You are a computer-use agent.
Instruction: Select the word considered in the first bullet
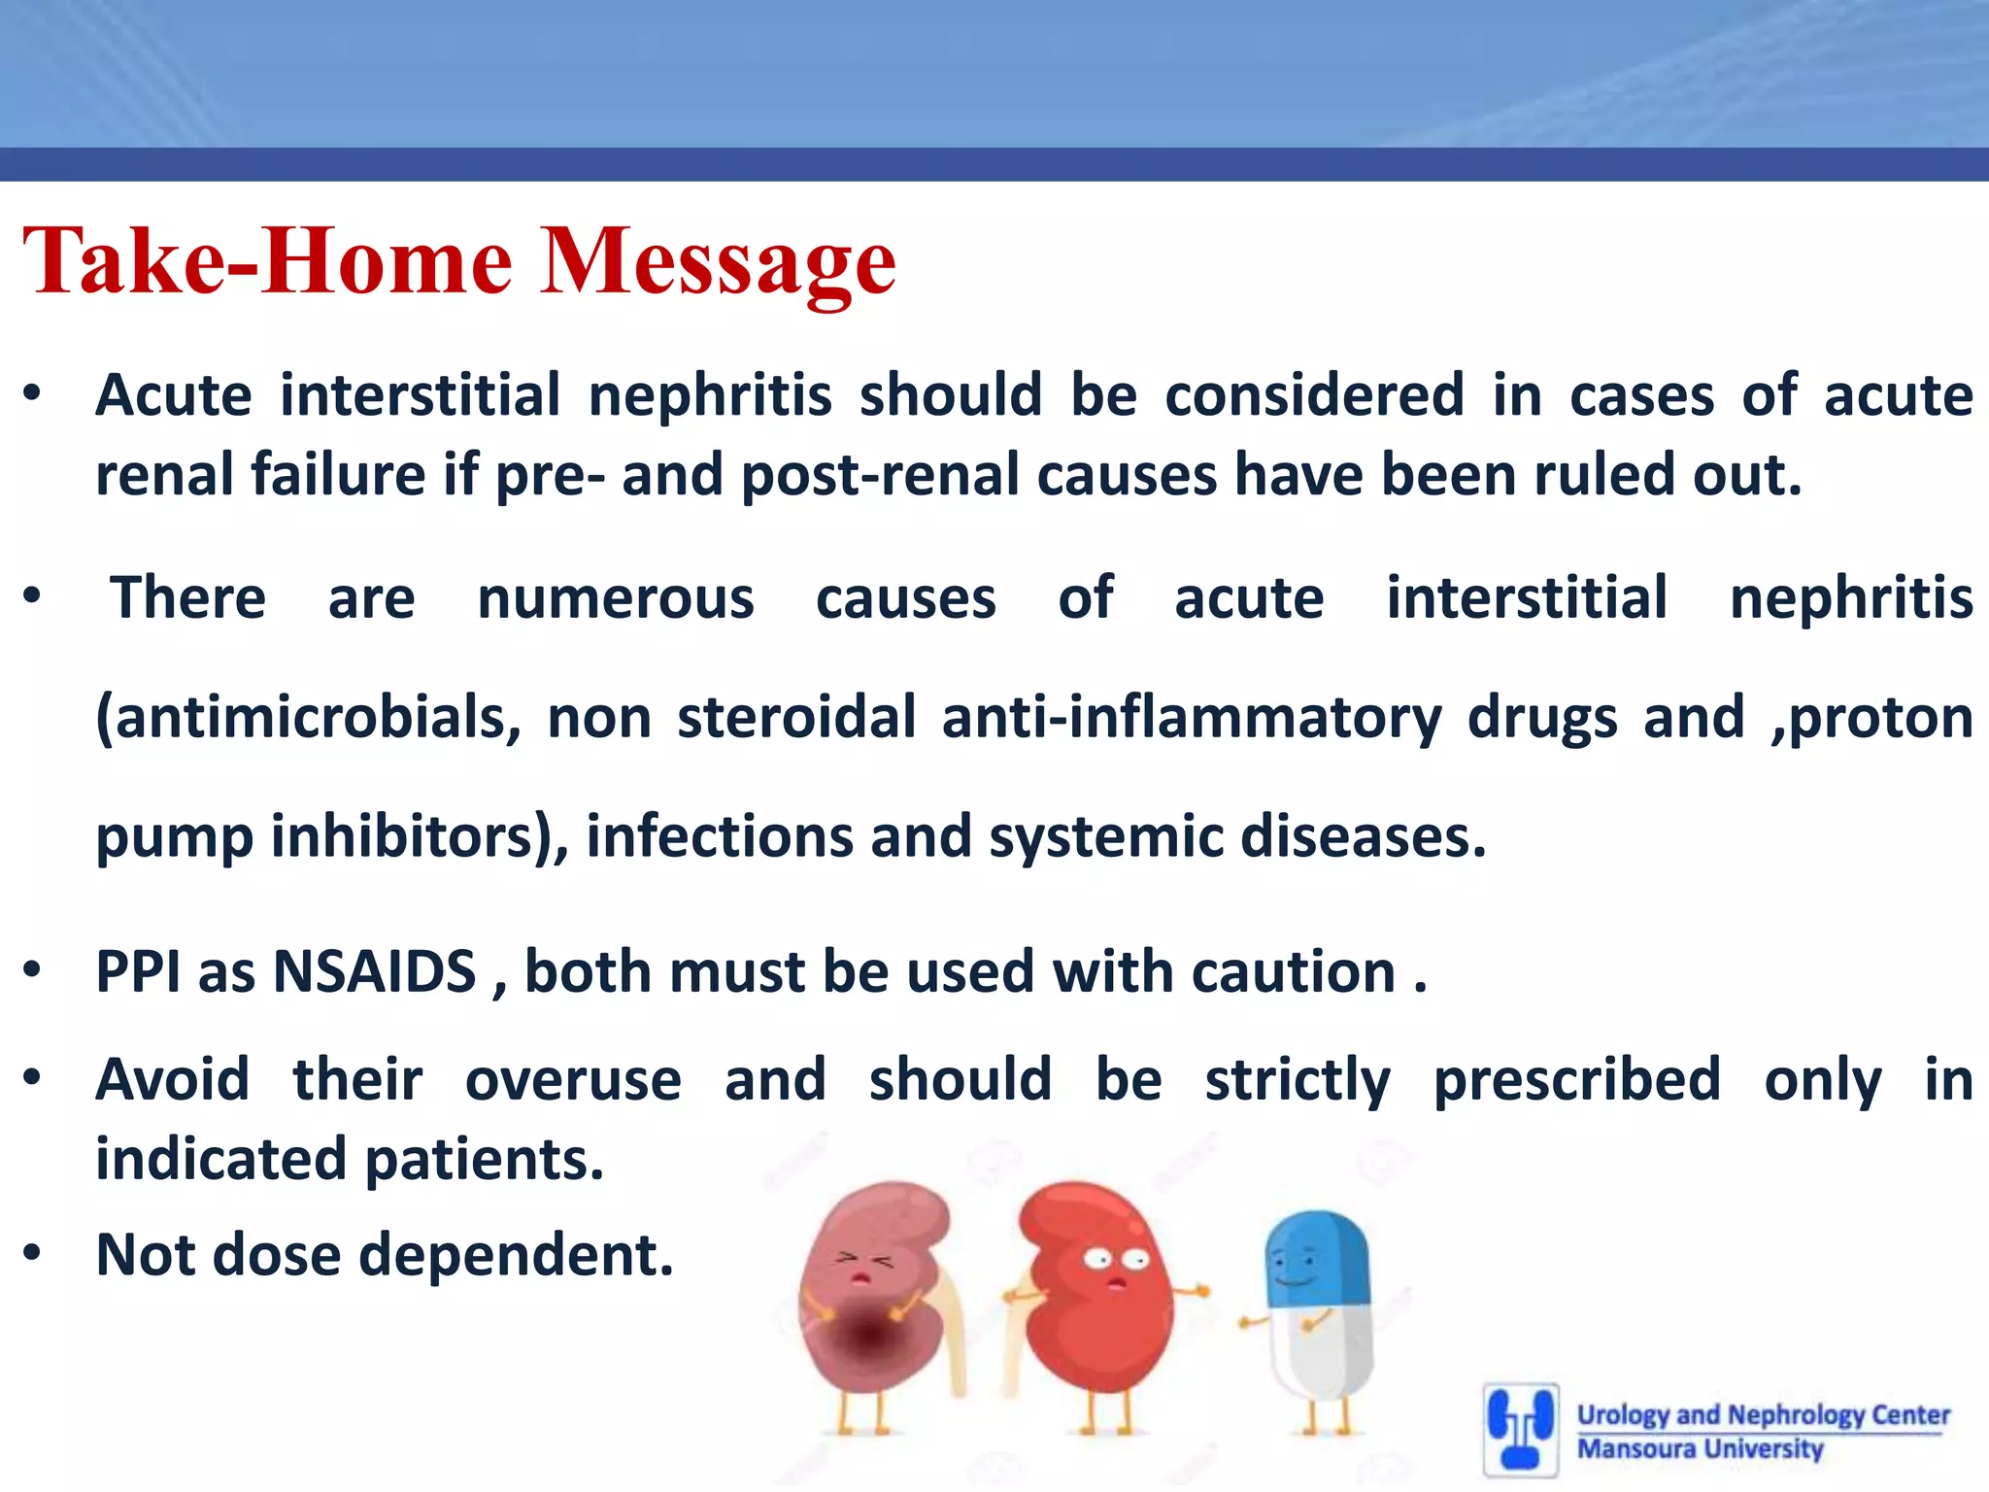[1314, 395]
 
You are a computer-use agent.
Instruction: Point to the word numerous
[615, 597]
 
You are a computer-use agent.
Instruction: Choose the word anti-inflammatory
[1191, 718]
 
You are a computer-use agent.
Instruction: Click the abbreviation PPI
[139, 971]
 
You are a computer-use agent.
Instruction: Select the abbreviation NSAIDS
[375, 971]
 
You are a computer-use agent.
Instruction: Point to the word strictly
[1298, 1080]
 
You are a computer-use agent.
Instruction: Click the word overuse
[573, 1080]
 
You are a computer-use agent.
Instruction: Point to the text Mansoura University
[1700, 1449]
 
